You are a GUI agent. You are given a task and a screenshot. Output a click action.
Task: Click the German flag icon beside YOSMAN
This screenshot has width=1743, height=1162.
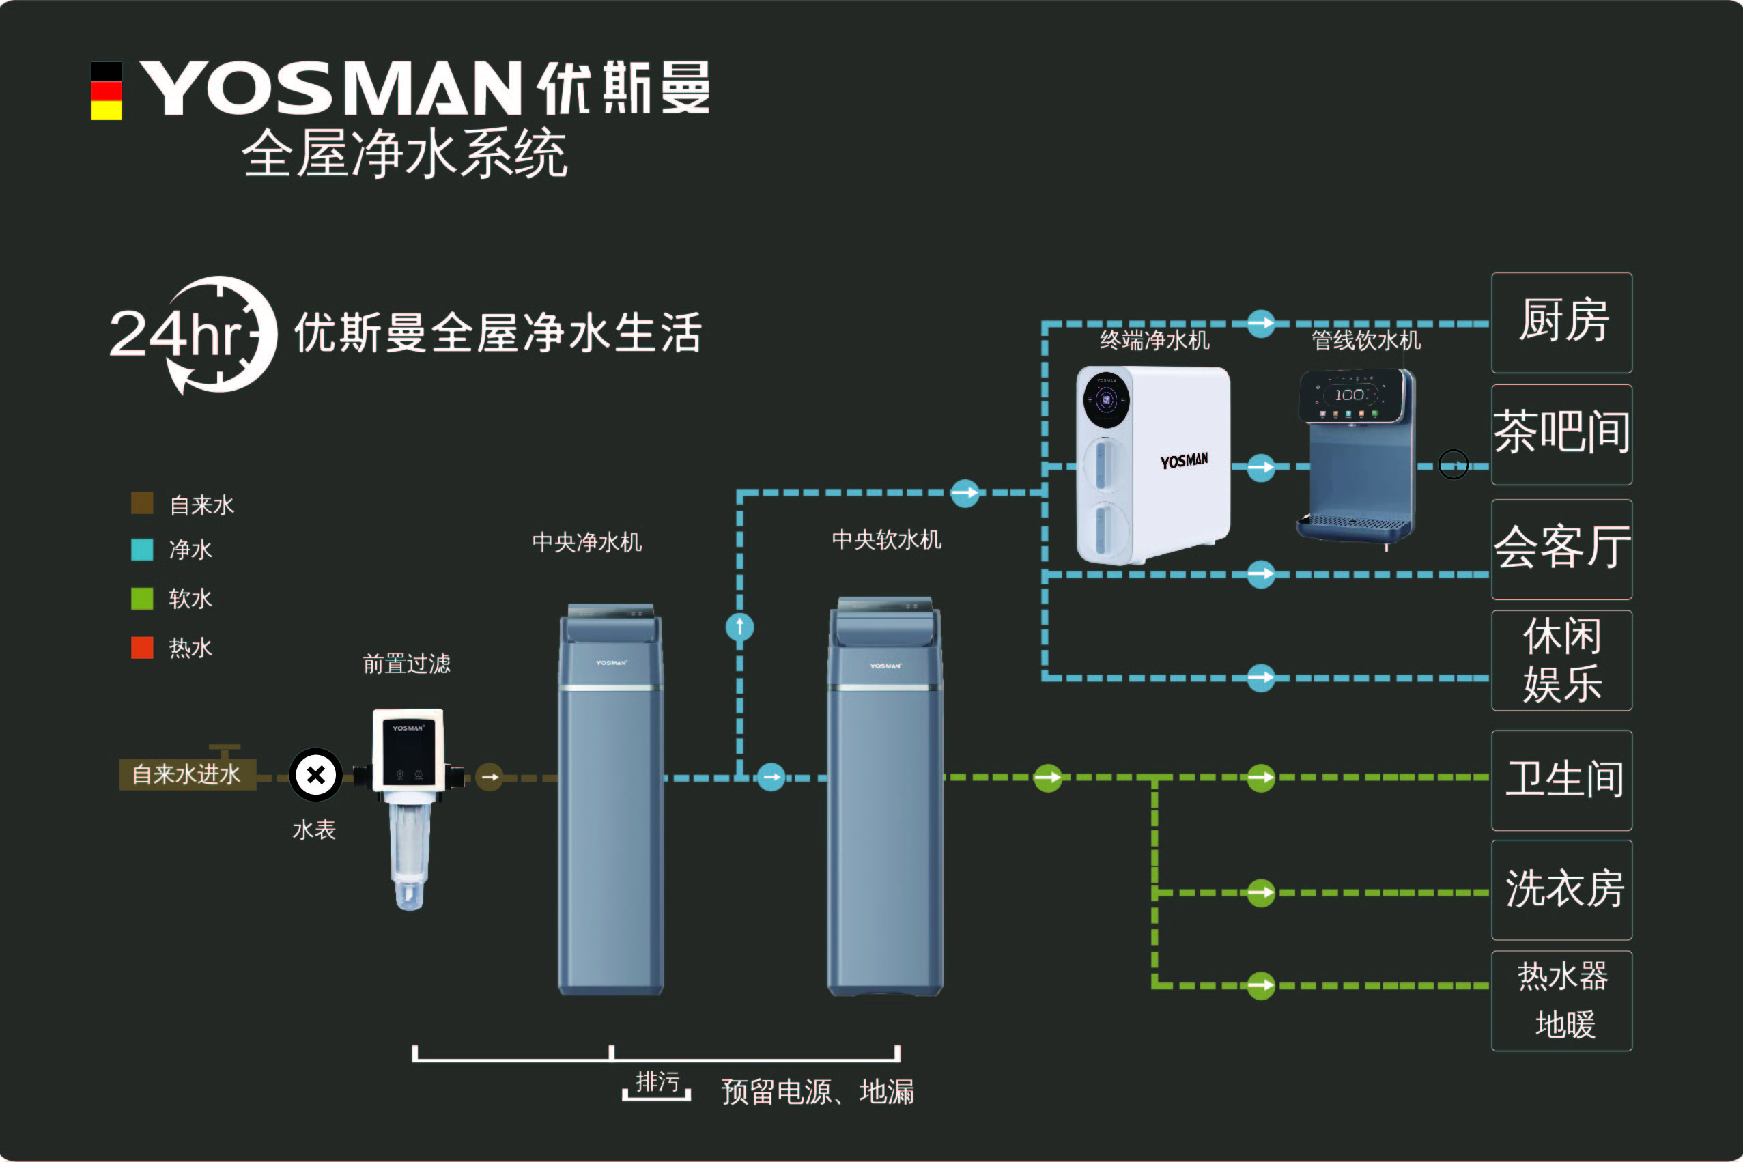point(106,90)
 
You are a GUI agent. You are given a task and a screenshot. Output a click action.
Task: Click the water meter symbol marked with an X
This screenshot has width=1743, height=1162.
point(315,775)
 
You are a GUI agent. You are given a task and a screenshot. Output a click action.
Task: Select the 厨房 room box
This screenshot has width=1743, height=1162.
point(1561,322)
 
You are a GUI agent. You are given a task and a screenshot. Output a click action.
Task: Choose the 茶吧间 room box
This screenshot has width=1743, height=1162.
point(1561,434)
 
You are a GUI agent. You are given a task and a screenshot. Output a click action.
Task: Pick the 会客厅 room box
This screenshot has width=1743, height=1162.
point(1561,549)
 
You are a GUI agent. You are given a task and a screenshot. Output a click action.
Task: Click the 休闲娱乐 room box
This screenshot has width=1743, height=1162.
point(1561,660)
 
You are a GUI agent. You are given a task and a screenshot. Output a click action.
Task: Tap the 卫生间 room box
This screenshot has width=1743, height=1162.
point(1561,780)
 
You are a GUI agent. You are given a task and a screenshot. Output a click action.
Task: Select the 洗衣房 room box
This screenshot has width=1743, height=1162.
point(1561,890)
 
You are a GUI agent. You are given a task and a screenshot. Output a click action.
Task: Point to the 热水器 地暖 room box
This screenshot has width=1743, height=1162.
point(1561,1000)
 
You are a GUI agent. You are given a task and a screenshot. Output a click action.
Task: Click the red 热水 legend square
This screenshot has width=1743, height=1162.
point(142,648)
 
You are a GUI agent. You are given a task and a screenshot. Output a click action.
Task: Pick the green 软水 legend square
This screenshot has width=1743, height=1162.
point(142,598)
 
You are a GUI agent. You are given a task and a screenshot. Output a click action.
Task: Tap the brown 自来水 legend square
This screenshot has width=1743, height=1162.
point(142,503)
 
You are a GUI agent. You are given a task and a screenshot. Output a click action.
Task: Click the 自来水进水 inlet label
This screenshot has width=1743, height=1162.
point(187,774)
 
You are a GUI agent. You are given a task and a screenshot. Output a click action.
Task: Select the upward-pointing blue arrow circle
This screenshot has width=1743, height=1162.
point(739,627)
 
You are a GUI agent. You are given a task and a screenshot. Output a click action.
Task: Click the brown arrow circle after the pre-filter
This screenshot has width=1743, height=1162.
point(489,777)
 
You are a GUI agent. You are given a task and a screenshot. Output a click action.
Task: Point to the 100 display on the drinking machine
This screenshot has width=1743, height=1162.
point(1350,395)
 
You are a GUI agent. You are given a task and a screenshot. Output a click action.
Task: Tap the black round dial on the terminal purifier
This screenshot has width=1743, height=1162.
point(1107,400)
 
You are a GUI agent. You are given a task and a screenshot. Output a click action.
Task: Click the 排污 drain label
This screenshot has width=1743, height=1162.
point(657,1082)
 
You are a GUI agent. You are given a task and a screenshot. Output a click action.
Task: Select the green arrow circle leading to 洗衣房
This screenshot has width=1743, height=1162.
point(1260,893)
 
